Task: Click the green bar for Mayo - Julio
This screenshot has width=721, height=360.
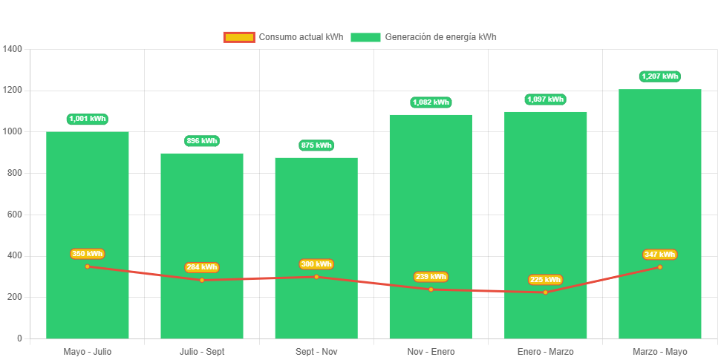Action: point(88,193)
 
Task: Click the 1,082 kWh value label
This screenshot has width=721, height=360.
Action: point(431,102)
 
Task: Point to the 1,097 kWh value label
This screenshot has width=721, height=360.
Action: point(545,99)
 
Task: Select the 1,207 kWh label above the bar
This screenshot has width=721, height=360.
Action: point(659,76)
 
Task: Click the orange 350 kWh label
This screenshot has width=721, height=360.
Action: point(88,254)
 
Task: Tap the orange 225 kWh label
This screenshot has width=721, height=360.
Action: point(545,280)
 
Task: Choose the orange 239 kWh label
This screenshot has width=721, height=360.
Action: point(431,277)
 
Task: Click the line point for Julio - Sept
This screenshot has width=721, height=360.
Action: point(202,280)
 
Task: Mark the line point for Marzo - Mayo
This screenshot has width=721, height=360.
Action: point(659,267)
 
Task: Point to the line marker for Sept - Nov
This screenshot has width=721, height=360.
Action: point(316,277)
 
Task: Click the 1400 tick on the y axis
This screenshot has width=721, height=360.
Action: point(13,49)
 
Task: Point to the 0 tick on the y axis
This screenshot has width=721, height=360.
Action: point(19,338)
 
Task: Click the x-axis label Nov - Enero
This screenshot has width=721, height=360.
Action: point(431,351)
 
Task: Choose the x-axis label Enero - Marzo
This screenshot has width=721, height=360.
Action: point(545,351)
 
